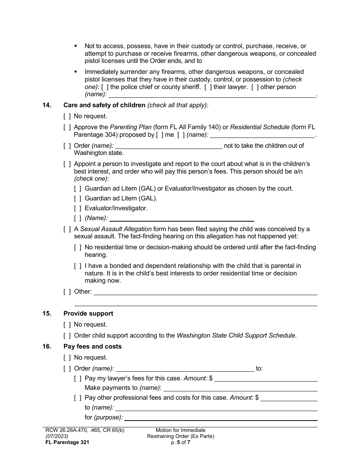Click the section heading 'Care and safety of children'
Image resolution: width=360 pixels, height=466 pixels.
coord(104,105)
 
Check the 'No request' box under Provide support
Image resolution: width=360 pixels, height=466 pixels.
coord(67,325)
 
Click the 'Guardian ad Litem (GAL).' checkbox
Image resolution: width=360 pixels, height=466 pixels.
coord(78,198)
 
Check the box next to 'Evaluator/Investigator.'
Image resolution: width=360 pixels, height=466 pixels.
coord(78,208)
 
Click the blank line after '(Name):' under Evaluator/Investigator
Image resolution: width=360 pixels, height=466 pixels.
coord(182,218)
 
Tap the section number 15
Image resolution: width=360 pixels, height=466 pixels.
coord(47,314)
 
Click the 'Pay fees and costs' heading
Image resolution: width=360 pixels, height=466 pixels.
coord(92,347)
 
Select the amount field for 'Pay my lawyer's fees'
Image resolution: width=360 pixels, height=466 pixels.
coord(266,378)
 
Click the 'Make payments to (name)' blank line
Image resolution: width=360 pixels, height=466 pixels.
coord(240,388)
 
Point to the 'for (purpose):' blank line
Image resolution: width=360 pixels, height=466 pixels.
coord(221,418)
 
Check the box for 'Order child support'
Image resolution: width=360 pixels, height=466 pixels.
coord(67,336)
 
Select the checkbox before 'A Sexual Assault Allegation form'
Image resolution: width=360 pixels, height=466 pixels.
coord(67,229)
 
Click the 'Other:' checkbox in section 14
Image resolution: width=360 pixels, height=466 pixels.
coord(67,292)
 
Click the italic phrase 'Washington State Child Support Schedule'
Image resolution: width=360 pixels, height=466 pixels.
coord(236,336)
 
